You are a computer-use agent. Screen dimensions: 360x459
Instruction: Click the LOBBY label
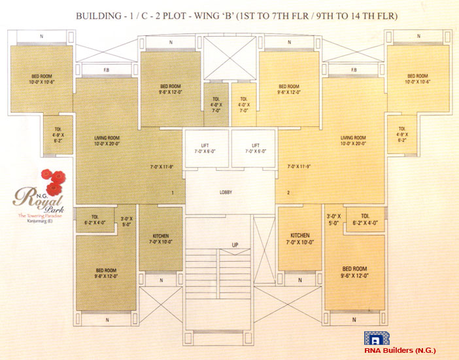[x=226, y=192]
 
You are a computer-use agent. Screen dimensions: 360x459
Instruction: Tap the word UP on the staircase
[x=234, y=245]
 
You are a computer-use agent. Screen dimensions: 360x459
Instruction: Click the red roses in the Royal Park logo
[x=52, y=178]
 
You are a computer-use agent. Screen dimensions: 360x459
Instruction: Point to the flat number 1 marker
[x=173, y=193]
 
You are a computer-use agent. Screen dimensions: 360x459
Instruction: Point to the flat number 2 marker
[x=287, y=193]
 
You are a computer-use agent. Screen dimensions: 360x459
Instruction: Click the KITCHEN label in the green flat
[x=161, y=238]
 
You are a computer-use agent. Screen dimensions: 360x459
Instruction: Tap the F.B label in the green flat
[x=105, y=70]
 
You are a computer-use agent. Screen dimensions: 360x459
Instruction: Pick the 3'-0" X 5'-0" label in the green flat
[x=127, y=221]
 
